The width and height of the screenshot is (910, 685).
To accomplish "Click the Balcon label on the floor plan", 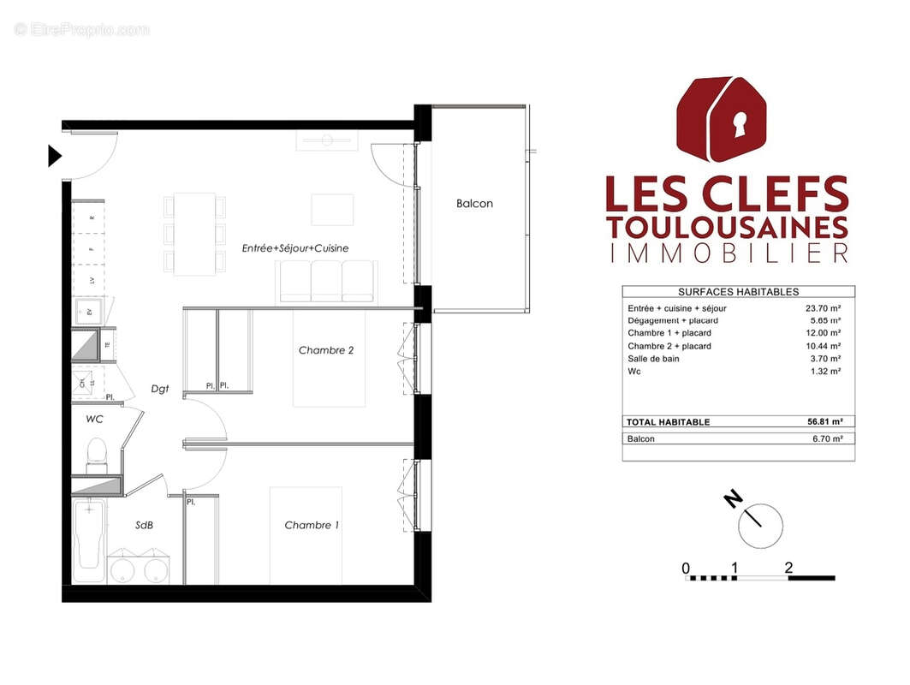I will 474,204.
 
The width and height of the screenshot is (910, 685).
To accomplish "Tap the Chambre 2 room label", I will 326,350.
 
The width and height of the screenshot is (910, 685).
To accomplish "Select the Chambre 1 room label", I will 312,525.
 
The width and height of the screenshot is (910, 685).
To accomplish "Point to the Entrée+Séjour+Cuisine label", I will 295,248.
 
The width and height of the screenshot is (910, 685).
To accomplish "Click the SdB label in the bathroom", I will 144,525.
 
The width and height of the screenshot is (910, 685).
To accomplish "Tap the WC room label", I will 94,420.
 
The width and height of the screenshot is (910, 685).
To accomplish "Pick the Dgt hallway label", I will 159,389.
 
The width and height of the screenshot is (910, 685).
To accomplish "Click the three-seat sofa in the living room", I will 326,281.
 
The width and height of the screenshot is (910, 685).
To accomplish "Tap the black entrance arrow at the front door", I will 55,156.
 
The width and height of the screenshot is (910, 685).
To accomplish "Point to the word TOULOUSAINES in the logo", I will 727,227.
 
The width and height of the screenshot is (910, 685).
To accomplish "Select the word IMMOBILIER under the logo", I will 727,253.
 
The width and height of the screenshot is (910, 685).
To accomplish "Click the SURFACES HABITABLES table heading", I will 738,292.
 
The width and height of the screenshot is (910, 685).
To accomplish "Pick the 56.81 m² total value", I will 818,421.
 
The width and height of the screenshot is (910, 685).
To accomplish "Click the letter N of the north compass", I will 732,498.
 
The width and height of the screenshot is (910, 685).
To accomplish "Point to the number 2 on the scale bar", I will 788,567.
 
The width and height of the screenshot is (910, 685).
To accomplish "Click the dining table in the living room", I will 195,234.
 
